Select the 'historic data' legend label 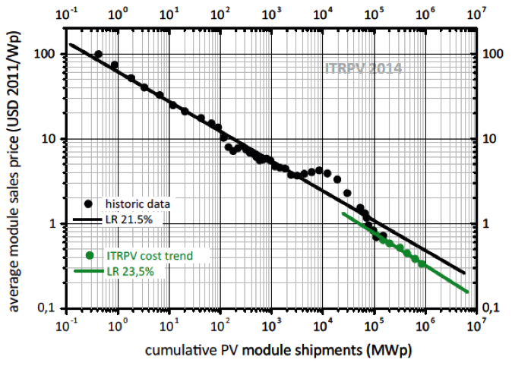click(137, 204)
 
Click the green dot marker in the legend click(90, 255)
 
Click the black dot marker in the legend click(90, 204)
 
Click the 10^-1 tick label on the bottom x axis click(67, 324)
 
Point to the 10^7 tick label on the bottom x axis click(476, 324)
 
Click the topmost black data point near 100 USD click(98, 55)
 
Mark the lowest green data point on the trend click(422, 264)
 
